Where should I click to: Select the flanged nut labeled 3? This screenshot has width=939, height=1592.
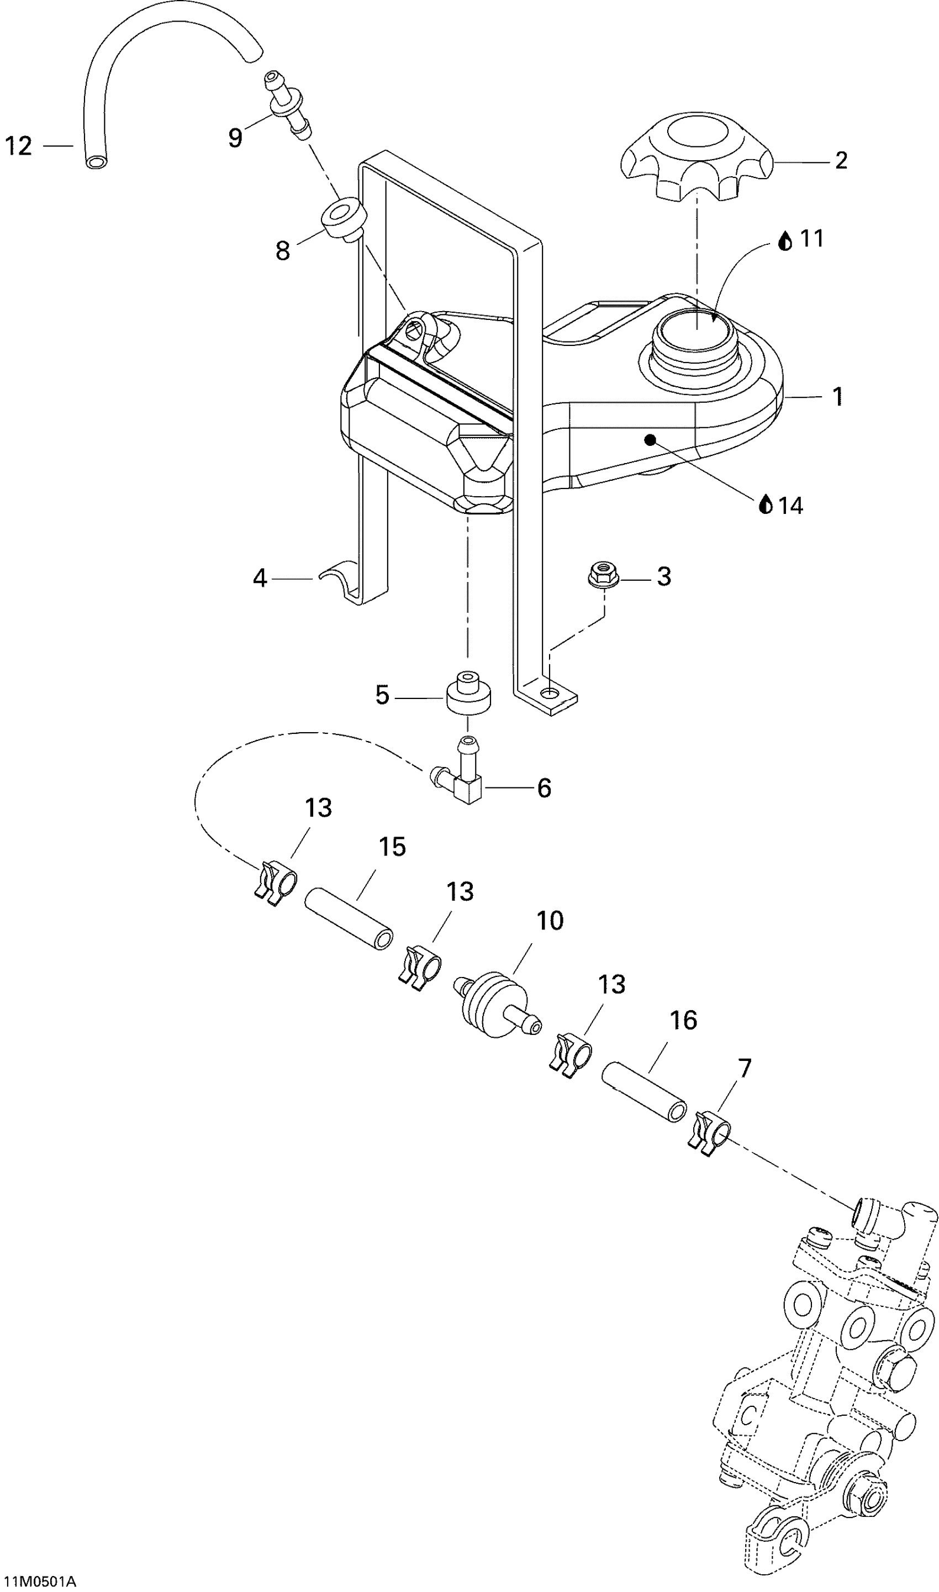(600, 575)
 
